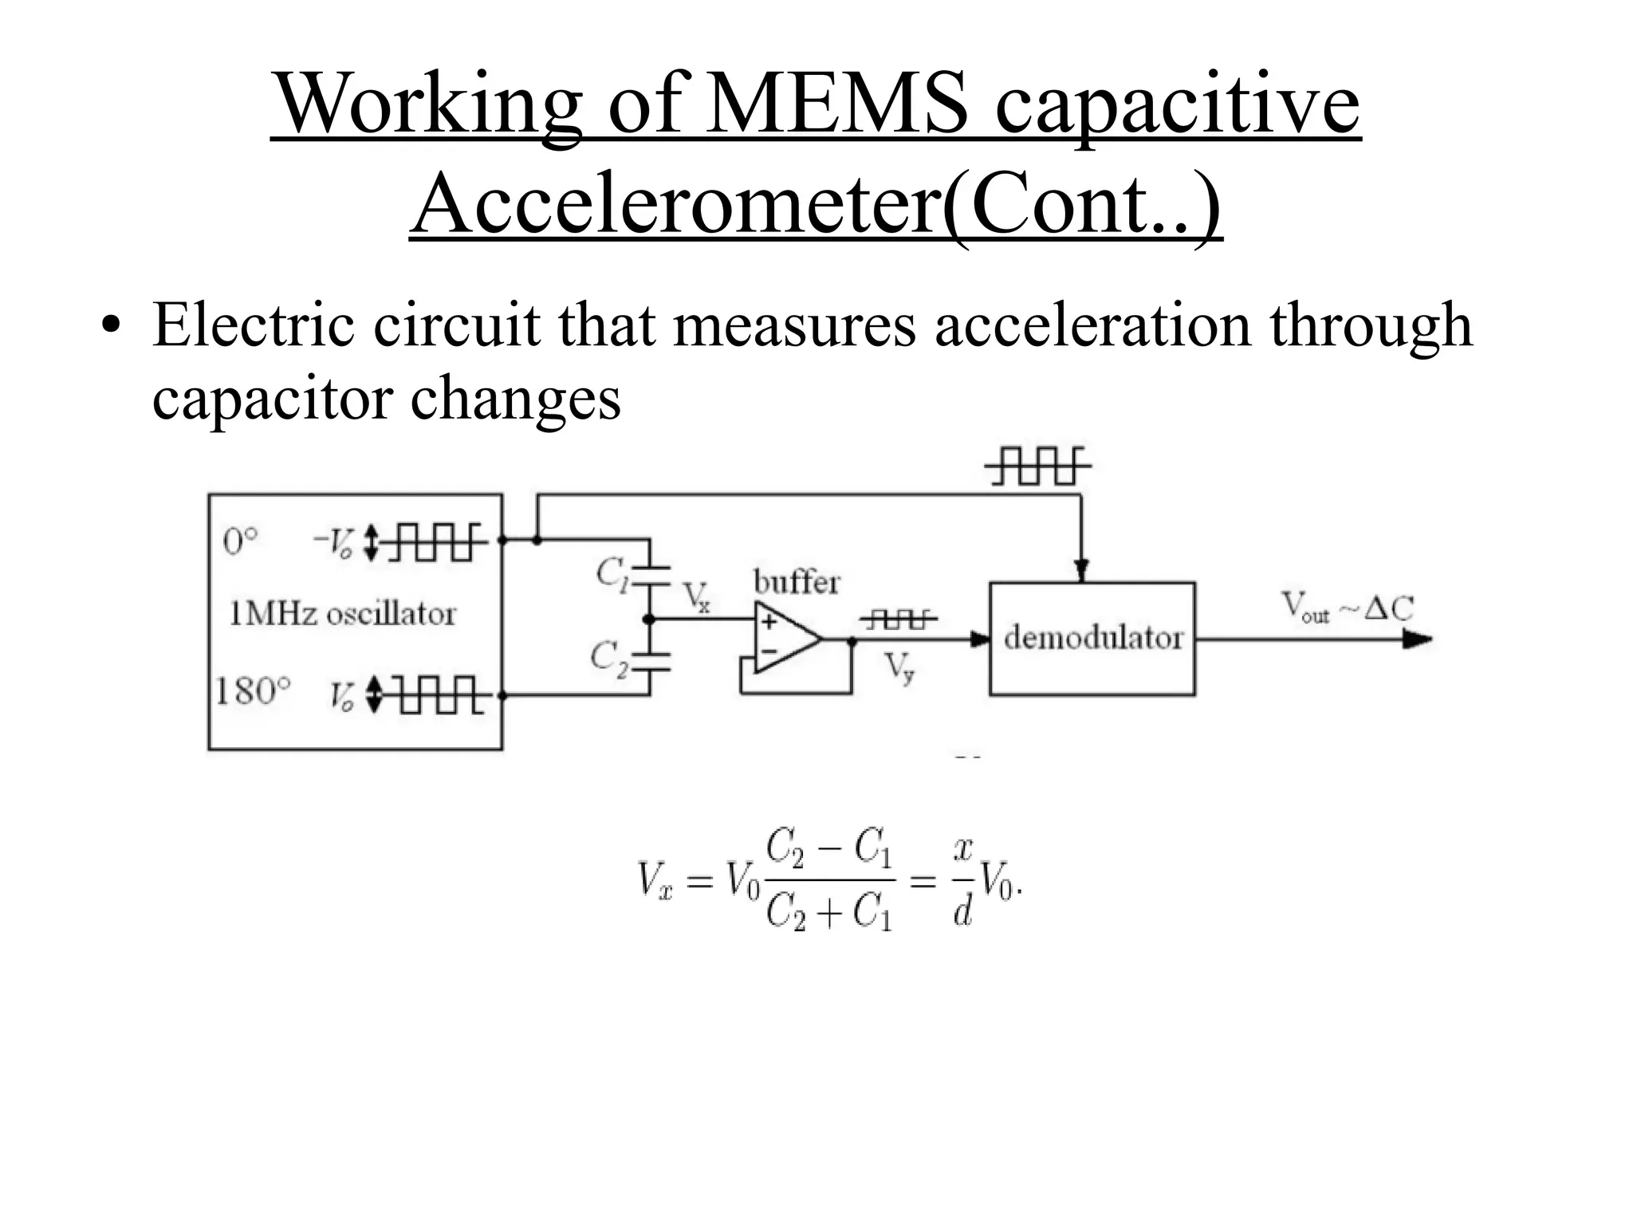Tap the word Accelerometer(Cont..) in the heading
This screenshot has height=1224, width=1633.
[816, 204]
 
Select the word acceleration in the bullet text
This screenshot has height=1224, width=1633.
[1092, 326]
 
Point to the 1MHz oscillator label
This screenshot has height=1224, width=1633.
[342, 614]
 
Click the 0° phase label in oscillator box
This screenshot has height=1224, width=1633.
[241, 543]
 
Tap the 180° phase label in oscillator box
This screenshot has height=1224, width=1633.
[253, 691]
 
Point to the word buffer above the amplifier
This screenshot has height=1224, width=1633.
[797, 582]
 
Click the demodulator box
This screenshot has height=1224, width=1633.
[1092, 639]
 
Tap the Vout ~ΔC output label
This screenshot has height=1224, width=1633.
[1347, 609]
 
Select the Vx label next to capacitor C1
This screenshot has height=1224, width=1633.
[696, 596]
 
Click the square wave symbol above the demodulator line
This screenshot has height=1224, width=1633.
[1037, 466]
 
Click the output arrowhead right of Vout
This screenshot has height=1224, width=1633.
[1416, 639]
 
